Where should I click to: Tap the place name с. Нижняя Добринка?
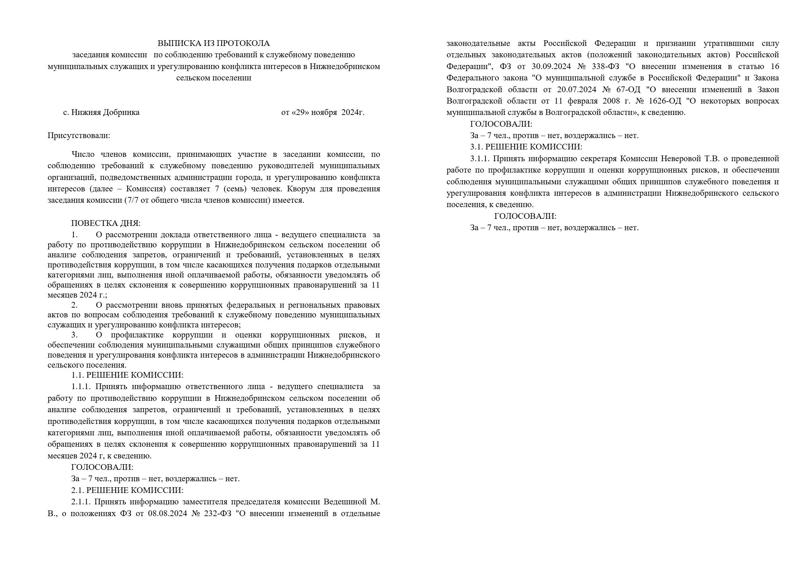101,113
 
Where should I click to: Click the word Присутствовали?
79,135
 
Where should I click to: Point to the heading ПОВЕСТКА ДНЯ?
106,223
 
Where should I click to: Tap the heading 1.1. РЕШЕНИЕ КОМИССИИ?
127,375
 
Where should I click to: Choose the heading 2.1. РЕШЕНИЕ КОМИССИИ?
127,490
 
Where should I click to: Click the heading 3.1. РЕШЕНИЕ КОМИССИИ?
526,147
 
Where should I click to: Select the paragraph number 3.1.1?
479,159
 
